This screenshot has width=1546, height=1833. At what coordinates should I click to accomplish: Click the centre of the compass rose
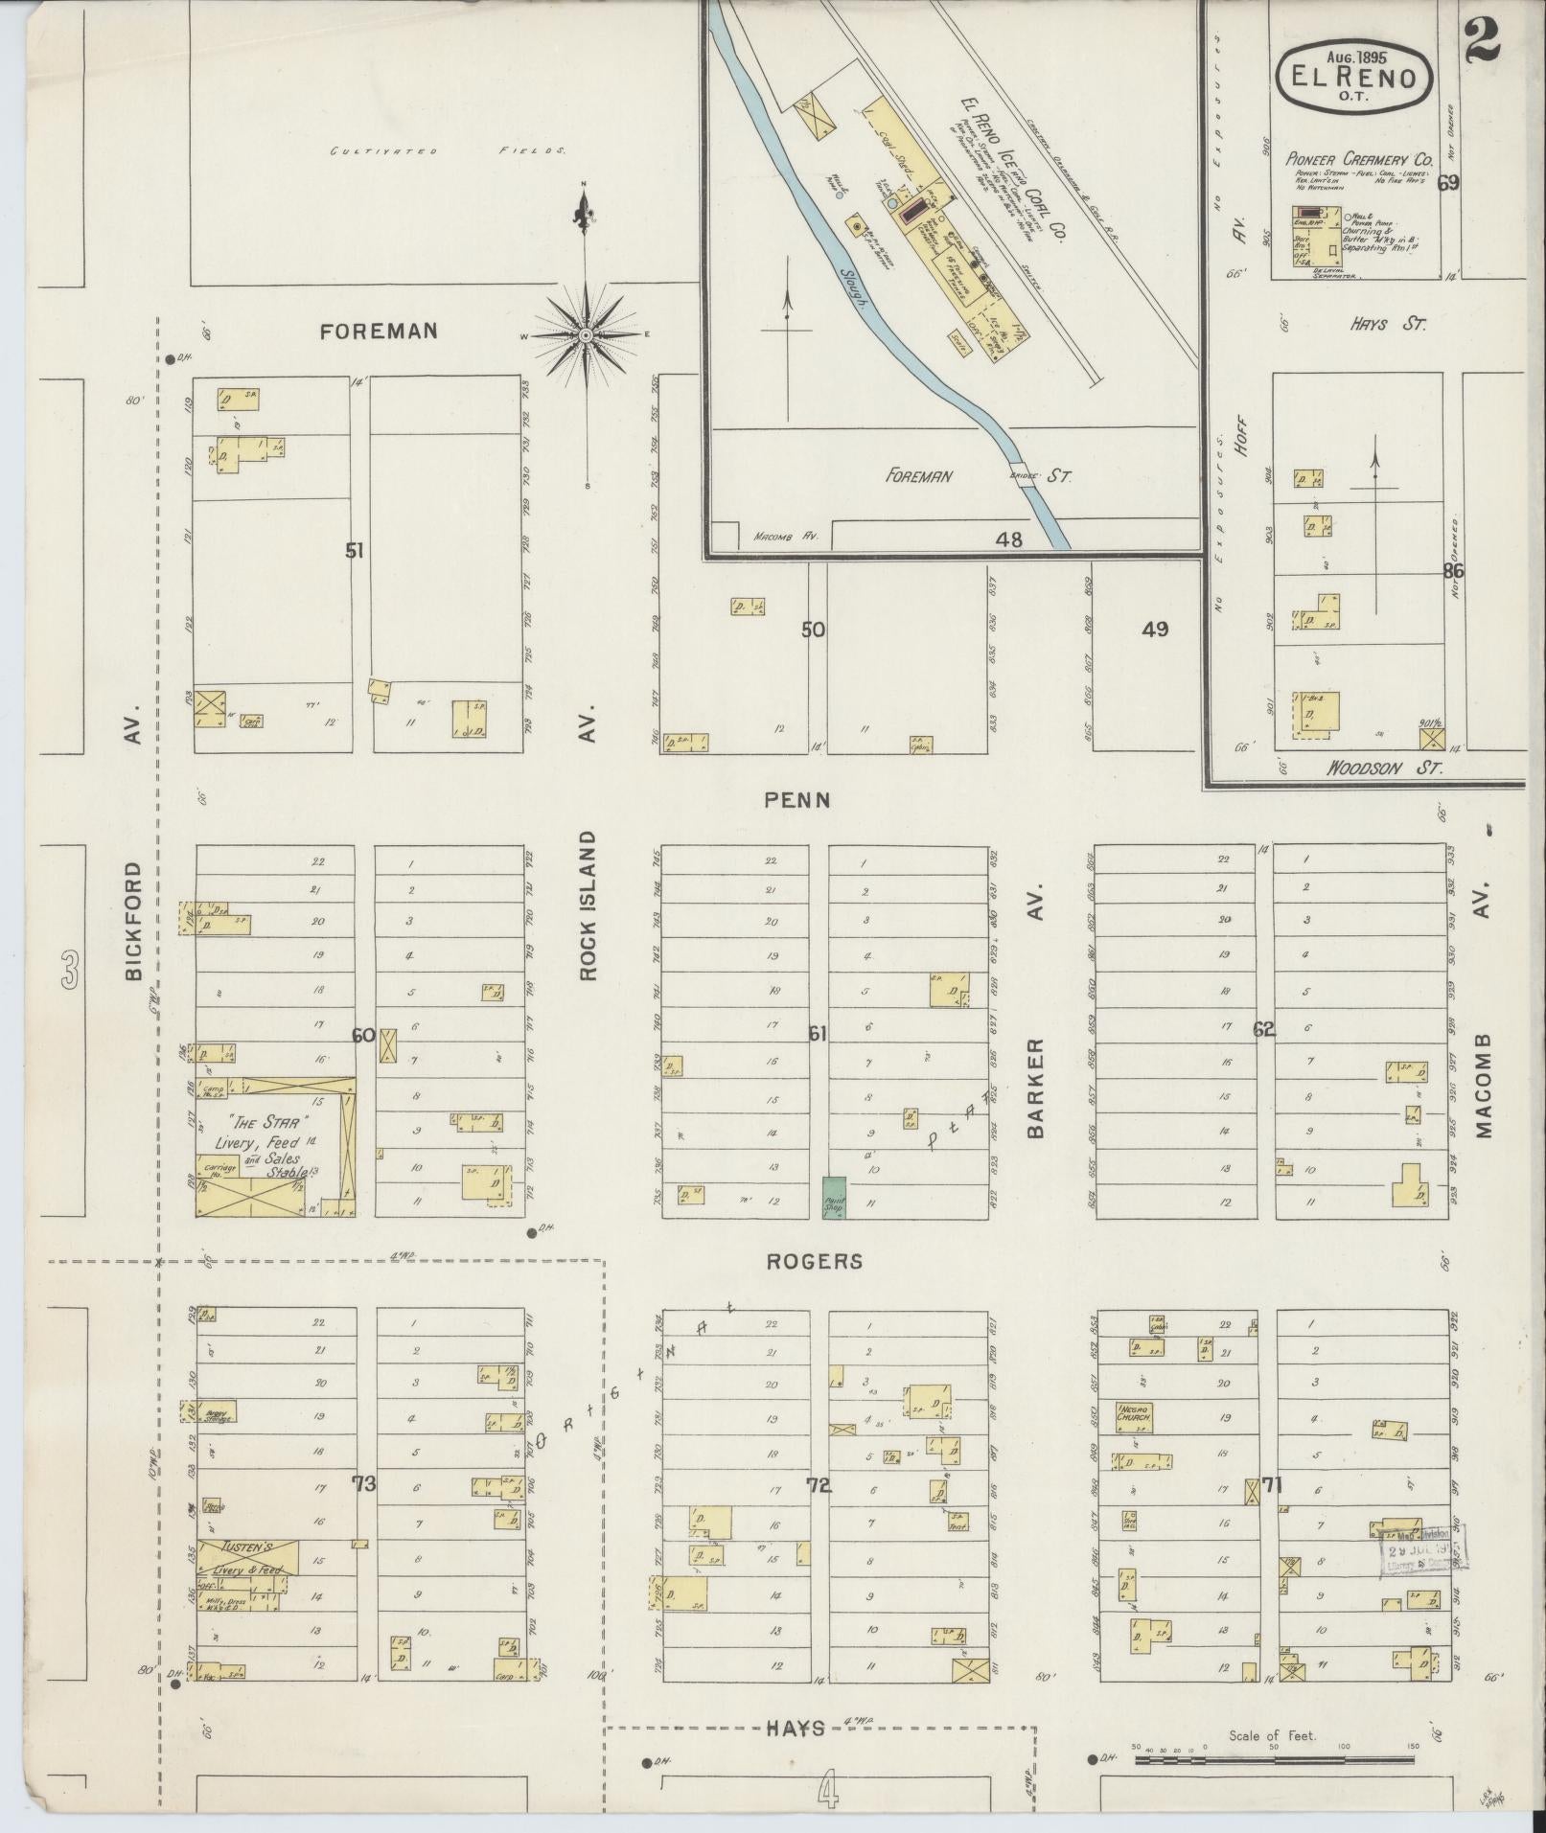(x=585, y=335)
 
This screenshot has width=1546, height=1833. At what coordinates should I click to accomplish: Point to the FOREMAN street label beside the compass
(x=379, y=332)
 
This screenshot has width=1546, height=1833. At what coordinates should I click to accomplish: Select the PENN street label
(x=796, y=799)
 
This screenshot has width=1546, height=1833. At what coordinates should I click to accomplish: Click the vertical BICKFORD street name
(x=133, y=921)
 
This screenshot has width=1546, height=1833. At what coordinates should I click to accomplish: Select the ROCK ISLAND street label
(x=588, y=905)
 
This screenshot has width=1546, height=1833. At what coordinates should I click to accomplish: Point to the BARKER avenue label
(x=1035, y=1089)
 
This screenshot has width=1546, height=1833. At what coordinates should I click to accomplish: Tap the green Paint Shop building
(x=833, y=1198)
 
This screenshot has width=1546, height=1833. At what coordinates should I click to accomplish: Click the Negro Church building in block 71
(x=1134, y=1417)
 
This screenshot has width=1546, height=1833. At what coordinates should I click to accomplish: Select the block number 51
(x=356, y=551)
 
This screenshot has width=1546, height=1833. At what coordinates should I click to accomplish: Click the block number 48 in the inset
(x=1008, y=539)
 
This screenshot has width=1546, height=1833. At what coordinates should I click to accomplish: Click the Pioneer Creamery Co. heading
(x=1358, y=159)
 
